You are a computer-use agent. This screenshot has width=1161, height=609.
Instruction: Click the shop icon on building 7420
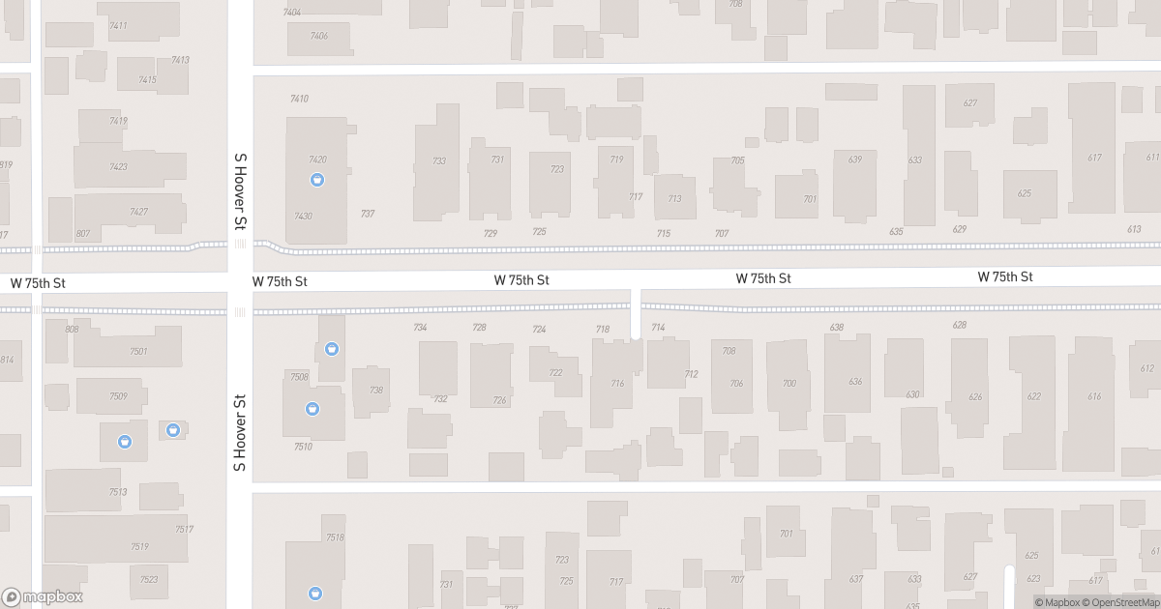[316, 179]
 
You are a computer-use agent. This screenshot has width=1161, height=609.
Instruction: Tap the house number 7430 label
[303, 216]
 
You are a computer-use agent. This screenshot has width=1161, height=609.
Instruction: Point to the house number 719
[615, 159]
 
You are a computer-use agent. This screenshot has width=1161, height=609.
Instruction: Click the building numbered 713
[674, 199]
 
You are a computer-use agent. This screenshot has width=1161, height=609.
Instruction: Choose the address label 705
[737, 160]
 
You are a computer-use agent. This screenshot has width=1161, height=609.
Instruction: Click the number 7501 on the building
[137, 351]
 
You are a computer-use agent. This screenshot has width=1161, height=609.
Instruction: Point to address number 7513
[117, 492]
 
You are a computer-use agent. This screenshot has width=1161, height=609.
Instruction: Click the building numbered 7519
[139, 547]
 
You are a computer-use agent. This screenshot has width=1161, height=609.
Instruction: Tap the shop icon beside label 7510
[312, 409]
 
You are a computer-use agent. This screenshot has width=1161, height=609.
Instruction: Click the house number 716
[617, 384]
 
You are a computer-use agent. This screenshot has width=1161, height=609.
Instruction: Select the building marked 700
[789, 384]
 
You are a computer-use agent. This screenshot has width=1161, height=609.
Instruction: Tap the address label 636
[855, 382]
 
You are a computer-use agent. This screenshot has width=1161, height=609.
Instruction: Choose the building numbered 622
[1034, 396]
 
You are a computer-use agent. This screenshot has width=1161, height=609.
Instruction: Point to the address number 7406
[318, 36]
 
